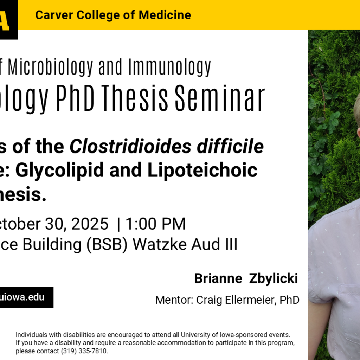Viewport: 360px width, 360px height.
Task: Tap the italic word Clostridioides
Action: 130,147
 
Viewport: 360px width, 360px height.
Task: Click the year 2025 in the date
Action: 90,224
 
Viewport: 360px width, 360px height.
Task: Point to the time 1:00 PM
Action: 155,224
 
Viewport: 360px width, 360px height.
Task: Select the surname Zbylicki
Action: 274,279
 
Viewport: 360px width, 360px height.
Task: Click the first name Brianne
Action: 218,279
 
